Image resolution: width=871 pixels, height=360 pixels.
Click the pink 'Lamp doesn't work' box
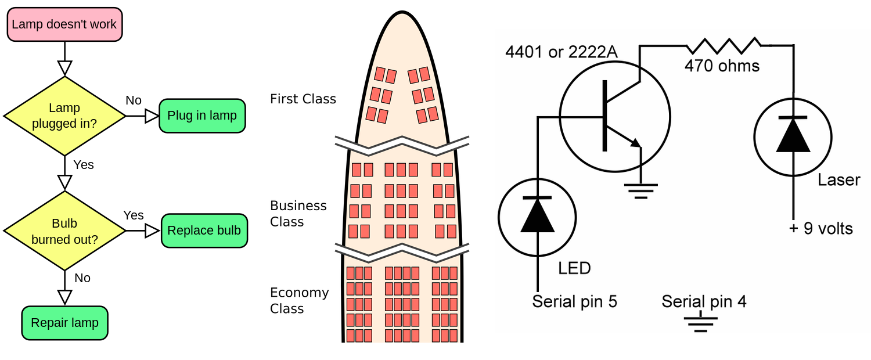pos(64,24)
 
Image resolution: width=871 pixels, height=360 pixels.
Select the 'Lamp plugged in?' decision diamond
pos(64,116)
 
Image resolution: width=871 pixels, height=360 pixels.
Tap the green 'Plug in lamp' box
pos(202,116)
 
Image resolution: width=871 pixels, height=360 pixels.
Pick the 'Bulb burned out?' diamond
pos(64,231)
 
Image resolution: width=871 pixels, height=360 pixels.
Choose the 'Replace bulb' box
pos(204,231)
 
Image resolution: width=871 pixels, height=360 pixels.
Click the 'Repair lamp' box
pos(64,323)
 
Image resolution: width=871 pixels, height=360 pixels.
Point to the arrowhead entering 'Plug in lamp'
pos(152,116)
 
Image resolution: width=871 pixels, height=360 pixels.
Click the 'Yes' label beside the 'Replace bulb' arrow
pos(134,215)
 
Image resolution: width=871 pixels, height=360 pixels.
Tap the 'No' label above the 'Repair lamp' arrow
pos(82,278)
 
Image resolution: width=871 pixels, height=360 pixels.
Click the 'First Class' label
pos(303,99)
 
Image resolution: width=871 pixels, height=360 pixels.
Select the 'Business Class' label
pos(298,214)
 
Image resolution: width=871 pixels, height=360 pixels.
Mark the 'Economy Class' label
pos(299,300)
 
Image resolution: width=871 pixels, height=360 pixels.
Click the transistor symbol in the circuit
pos(614,116)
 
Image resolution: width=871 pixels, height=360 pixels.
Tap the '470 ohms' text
pos(722,66)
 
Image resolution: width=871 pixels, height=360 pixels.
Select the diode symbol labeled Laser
pos(793,136)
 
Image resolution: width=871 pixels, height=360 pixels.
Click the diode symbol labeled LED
pos(537,216)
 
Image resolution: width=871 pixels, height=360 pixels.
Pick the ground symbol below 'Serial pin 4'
pos(701,323)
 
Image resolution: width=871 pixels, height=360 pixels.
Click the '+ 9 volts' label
pos(820,229)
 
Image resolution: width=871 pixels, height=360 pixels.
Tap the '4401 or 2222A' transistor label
pos(562,53)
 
